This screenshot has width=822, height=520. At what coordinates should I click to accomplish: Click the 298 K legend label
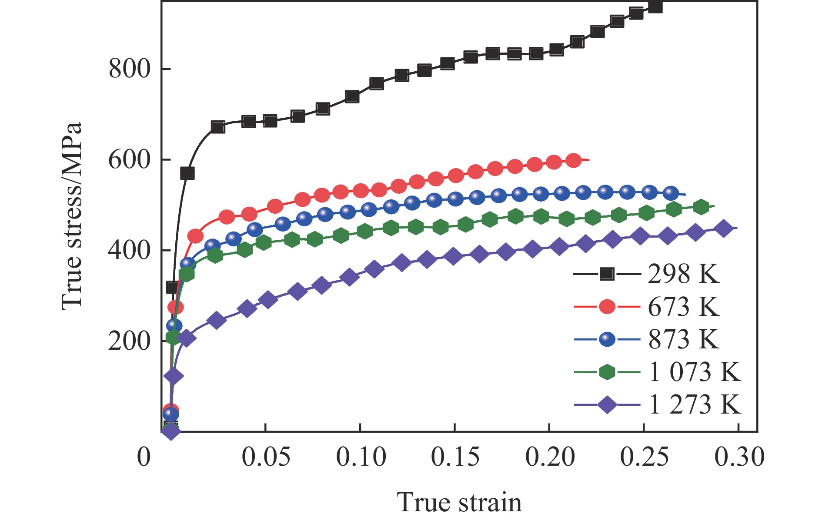[683, 274]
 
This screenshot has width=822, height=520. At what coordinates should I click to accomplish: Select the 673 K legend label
[683, 307]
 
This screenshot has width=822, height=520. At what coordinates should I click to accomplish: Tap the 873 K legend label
[683, 339]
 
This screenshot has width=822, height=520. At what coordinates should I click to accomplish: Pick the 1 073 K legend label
[695, 372]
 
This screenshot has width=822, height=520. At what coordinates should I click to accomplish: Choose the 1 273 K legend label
[695, 404]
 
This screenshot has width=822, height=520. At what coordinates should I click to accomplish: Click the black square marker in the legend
[607, 274]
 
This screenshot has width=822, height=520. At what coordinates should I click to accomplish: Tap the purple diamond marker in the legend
[607, 405]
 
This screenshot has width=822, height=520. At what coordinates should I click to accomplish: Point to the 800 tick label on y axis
[130, 69]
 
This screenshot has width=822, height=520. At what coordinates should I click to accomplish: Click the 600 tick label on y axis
[130, 160]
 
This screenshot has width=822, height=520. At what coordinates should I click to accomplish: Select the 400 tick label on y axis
[130, 251]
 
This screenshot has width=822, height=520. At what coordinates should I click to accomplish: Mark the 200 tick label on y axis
[130, 341]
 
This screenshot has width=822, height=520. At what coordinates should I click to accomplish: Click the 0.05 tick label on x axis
[266, 457]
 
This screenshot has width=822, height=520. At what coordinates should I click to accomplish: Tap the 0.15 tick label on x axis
[455, 457]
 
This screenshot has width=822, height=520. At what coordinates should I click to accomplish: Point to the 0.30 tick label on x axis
[739, 457]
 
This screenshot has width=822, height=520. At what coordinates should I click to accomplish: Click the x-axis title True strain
[459, 503]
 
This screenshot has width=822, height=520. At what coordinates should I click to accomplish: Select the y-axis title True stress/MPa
[72, 216]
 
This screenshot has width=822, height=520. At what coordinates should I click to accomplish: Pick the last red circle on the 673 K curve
[574, 160]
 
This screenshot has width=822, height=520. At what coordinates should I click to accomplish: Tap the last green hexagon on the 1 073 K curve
[701, 207]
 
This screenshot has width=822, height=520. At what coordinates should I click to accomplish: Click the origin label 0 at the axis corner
[144, 457]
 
